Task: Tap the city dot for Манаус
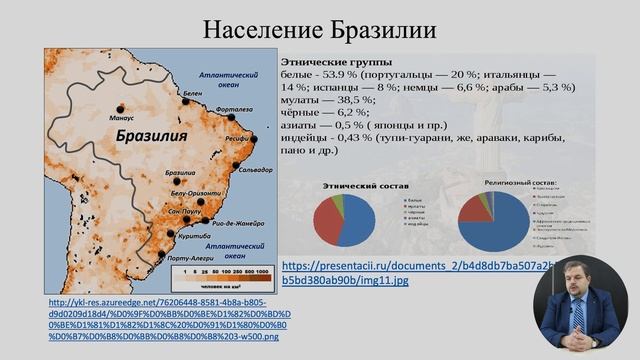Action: (x=120, y=108)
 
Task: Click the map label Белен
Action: (x=192, y=93)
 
